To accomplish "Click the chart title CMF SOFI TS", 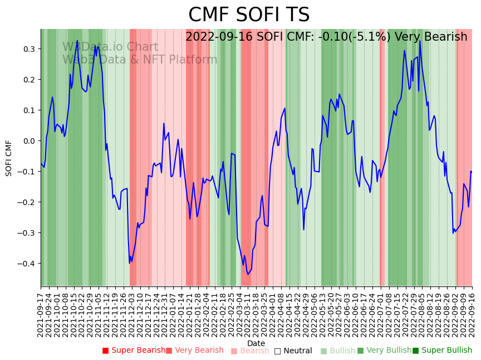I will pyautogui.click(x=249, y=15).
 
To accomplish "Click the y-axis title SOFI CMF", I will pyautogui.click(x=9, y=158).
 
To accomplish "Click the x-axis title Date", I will pyautogui.click(x=256, y=343).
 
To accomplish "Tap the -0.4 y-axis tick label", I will pyautogui.click(x=26, y=264).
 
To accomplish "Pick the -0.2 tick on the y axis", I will pyautogui.click(x=26, y=202).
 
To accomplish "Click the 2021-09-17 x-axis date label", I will pyautogui.click(x=41, y=314).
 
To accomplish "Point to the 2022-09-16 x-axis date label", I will pyautogui.click(x=472, y=314).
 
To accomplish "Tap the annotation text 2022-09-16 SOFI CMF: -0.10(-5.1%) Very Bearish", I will pyautogui.click(x=326, y=37).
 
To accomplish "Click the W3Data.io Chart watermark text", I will pyautogui.click(x=110, y=47).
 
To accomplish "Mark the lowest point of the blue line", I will pyautogui.click(x=248, y=274).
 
